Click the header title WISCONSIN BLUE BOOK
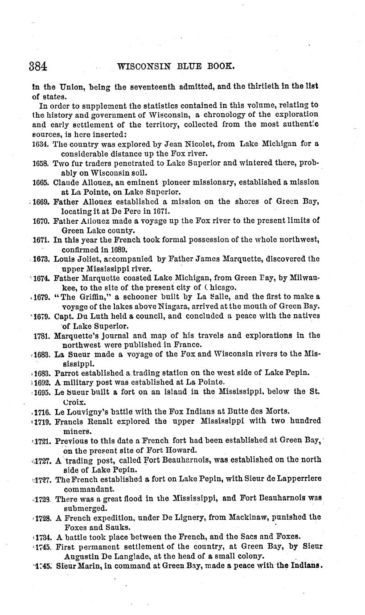pyautogui.click(x=175, y=66)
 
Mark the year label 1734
pyautogui.click(x=43, y=537)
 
